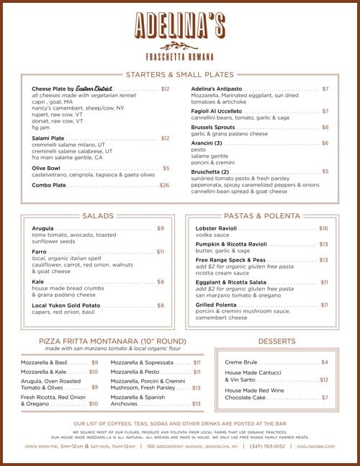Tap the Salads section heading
(x=98, y=215)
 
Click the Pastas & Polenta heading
(x=261, y=215)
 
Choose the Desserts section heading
(x=276, y=341)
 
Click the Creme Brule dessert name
(x=242, y=362)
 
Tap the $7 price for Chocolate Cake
(x=325, y=397)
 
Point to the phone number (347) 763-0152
(x=267, y=446)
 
